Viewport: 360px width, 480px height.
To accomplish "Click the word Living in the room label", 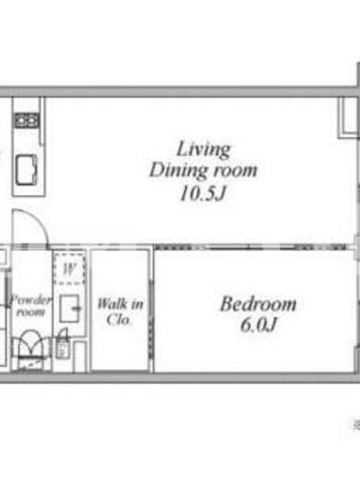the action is coord(203,149).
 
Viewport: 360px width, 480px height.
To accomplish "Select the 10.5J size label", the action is coord(203,193).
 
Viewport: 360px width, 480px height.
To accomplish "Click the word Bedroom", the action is coord(258,304).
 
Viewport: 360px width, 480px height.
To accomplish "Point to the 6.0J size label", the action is coord(259,325).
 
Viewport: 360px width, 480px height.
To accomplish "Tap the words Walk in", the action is coord(120,304).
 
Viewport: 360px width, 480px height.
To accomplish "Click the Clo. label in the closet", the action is coord(119,320).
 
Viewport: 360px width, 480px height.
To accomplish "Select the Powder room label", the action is coord(30,306).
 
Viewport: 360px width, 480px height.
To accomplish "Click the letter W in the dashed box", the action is coord(69,269).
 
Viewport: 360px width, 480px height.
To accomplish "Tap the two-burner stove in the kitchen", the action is coord(27,119).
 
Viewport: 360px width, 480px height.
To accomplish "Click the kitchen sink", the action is coord(26,169).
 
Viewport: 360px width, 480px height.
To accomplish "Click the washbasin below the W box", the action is coord(70,308).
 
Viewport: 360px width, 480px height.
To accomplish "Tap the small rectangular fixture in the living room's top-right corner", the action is coord(349,117).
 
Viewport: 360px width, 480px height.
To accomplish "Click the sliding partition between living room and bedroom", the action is coord(250,247).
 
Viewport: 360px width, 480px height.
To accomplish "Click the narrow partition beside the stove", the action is coord(43,122).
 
